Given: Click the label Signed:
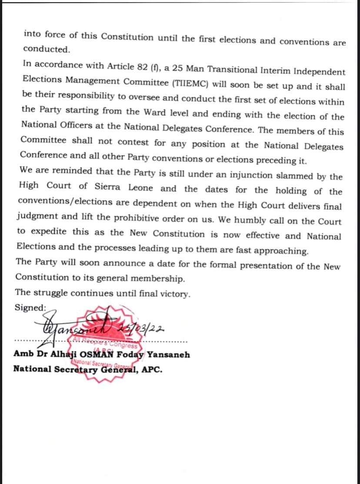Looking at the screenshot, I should tap(30, 307).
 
